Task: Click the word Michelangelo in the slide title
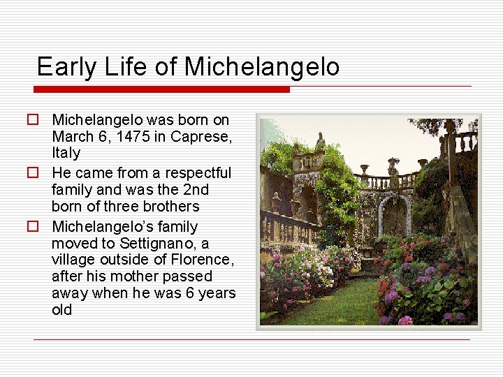[x=262, y=67]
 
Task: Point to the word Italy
[x=66, y=153]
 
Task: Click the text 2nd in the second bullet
[x=194, y=190]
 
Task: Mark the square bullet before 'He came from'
[x=32, y=172]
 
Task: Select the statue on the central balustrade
[x=393, y=166]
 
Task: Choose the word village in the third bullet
[x=74, y=260]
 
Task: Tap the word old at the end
[x=62, y=310]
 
